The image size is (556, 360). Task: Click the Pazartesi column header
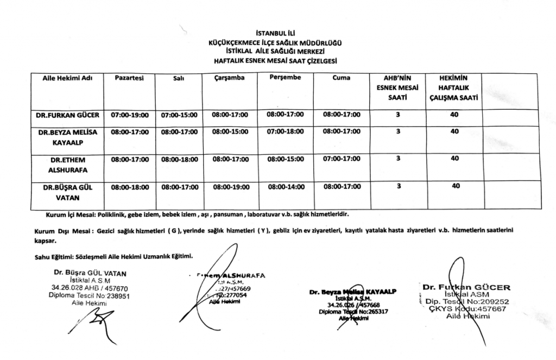pos(129,78)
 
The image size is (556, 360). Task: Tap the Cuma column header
pos(342,78)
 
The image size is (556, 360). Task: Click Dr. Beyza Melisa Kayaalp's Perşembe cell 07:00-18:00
pos(286,131)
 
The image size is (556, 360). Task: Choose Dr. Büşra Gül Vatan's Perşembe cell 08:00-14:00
pos(286,187)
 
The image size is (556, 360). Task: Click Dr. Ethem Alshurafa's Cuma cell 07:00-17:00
pos(342,159)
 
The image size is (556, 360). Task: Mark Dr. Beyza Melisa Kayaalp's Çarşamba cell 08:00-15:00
pos(230,132)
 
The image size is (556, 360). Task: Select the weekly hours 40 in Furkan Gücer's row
pos(454,115)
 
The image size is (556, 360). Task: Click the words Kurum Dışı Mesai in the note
pos(56,230)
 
